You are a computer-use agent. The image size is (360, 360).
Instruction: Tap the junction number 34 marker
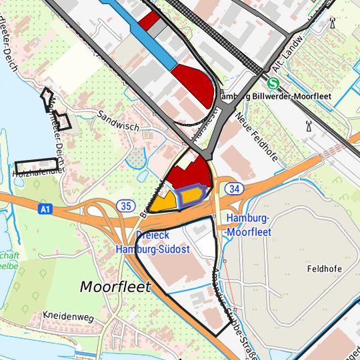point(233,189)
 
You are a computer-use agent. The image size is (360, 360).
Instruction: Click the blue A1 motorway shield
point(45,209)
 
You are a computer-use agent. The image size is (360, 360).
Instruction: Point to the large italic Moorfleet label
point(115,287)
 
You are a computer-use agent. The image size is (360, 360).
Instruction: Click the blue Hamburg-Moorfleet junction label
point(249,225)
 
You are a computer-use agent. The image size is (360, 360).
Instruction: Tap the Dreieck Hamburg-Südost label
point(153,243)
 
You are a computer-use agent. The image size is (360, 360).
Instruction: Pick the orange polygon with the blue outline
point(191,195)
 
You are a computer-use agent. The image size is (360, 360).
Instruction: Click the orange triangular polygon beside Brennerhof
point(164,202)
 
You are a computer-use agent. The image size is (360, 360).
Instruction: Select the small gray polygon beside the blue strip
point(157,29)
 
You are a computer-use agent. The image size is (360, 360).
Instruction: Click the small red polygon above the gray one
point(150,19)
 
